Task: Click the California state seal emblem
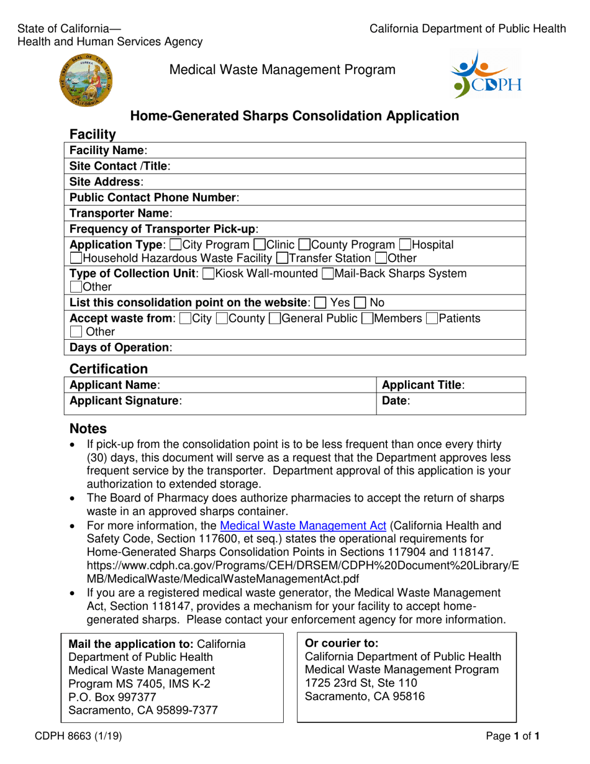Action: coord(86,79)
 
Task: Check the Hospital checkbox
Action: coord(406,245)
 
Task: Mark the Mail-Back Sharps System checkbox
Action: coord(328,274)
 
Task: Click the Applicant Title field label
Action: coord(423,385)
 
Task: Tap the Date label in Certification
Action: coord(396,402)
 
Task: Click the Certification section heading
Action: coord(109,369)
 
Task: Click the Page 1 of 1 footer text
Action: coord(513,738)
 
